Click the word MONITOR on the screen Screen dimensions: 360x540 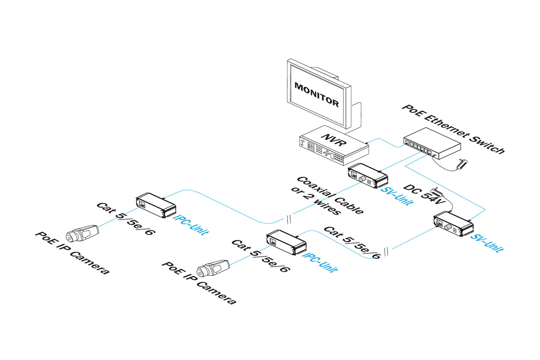pyautogui.click(x=316, y=93)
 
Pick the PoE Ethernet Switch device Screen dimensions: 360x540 pyautogui.click(x=432, y=143)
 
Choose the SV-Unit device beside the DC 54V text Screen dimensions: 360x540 pyautogui.click(x=453, y=224)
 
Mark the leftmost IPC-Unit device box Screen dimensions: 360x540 pyautogui.click(x=156, y=205)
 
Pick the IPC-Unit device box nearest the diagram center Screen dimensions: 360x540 pyautogui.click(x=286, y=243)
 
